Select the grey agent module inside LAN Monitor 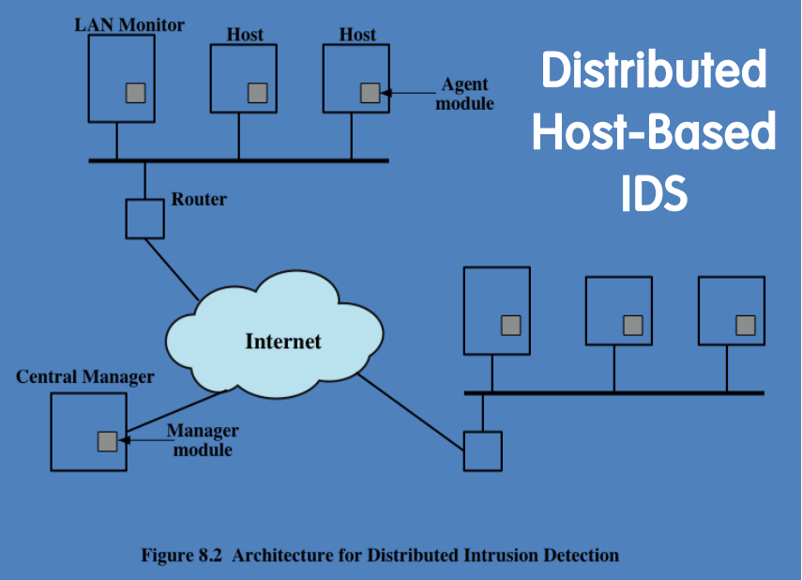pyautogui.click(x=136, y=92)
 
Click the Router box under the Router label pyautogui.click(x=144, y=219)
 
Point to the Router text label pyautogui.click(x=199, y=199)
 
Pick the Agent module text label pyautogui.click(x=466, y=94)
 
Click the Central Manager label pyautogui.click(x=85, y=376)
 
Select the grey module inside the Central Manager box pyautogui.click(x=108, y=440)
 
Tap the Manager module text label pyautogui.click(x=202, y=440)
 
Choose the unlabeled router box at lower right pyautogui.click(x=483, y=450)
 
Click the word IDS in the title pyautogui.click(x=654, y=193)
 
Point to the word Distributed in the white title pyautogui.click(x=654, y=72)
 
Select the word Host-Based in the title pyautogui.click(x=654, y=132)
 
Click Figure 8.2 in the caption pyautogui.click(x=181, y=556)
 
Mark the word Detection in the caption pyautogui.click(x=581, y=556)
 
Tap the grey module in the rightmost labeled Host pyautogui.click(x=370, y=93)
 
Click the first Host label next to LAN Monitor pyautogui.click(x=245, y=35)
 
